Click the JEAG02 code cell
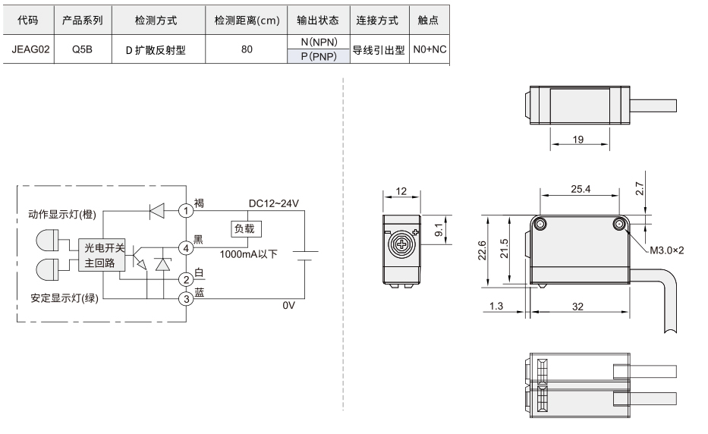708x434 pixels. pyautogui.click(x=30, y=49)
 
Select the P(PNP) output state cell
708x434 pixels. pyautogui.click(x=319, y=56)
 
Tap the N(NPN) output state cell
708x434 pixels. pyautogui.click(x=319, y=42)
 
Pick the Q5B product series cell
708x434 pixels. pyautogui.click(x=82, y=49)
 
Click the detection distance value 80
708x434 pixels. pyautogui.click(x=247, y=49)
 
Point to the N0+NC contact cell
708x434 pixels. pyautogui.click(x=430, y=49)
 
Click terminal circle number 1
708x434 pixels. pyautogui.click(x=186, y=210)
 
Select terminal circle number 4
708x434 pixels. pyautogui.click(x=186, y=248)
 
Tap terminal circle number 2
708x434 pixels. pyautogui.click(x=186, y=279)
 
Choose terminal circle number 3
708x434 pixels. pyautogui.click(x=186, y=298)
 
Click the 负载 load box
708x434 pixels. pyautogui.click(x=246, y=229)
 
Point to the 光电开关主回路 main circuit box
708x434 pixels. pyautogui.click(x=102, y=255)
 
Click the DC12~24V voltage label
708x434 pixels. pyautogui.click(x=274, y=203)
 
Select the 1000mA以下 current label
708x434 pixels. pyautogui.click(x=248, y=254)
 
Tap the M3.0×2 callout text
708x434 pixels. pyautogui.click(x=666, y=250)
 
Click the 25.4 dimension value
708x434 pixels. pyautogui.click(x=581, y=189)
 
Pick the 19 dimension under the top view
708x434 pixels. pyautogui.click(x=578, y=140)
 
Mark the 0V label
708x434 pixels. pyautogui.click(x=288, y=305)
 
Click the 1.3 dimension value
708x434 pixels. pyautogui.click(x=496, y=307)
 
